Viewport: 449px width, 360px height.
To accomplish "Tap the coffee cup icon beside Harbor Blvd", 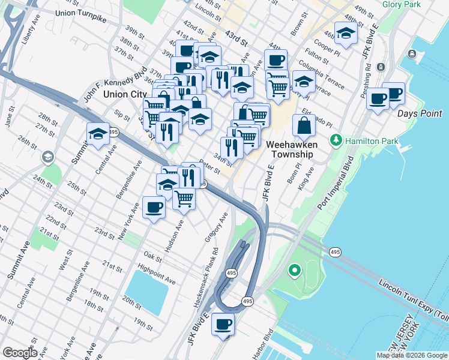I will tap(223, 325).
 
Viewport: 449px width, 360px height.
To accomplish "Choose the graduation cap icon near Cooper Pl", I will tap(346, 34).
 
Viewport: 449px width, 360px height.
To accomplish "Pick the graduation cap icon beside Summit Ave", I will tap(98, 134).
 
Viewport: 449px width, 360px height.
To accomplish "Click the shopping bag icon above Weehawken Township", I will tap(304, 125).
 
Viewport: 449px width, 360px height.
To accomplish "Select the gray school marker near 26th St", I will tap(47, 157).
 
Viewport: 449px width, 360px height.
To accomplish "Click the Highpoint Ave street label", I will tap(157, 274).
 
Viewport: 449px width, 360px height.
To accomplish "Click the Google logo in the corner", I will tap(19, 352).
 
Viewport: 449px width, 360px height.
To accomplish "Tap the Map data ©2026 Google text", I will tap(412, 355).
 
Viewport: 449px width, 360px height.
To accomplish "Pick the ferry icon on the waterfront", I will tap(412, 55).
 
